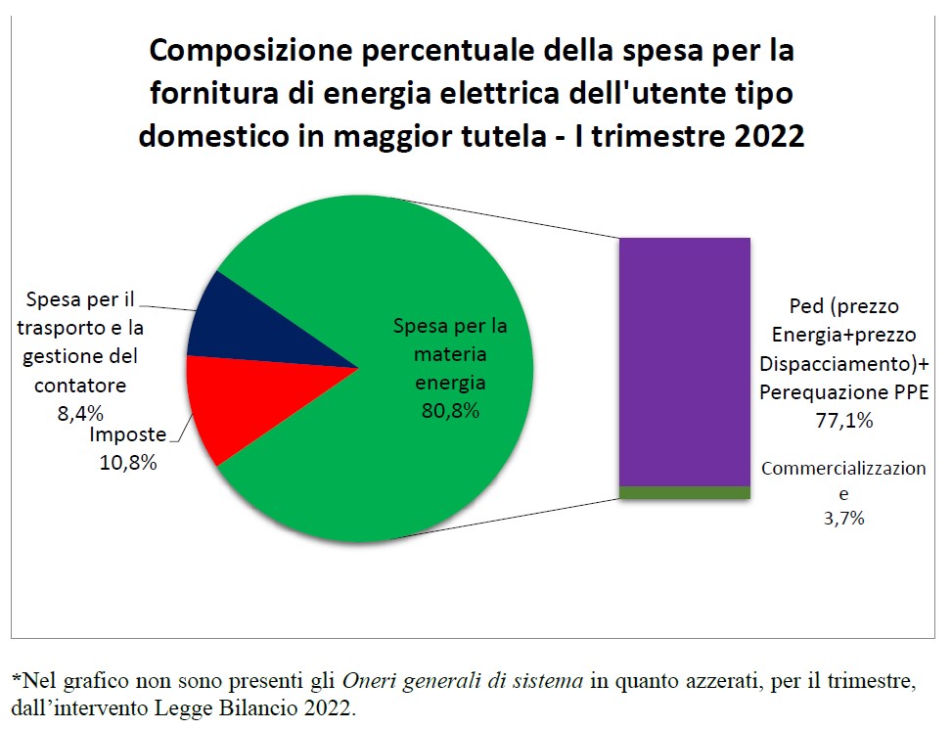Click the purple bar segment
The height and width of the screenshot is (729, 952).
point(684,361)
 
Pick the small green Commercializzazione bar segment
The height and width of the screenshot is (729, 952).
point(684,492)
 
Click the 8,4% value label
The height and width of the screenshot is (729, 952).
point(80,413)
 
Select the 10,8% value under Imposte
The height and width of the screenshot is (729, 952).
point(127,463)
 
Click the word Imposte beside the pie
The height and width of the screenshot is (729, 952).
point(127,436)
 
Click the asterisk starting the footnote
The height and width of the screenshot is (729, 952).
point(15,679)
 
